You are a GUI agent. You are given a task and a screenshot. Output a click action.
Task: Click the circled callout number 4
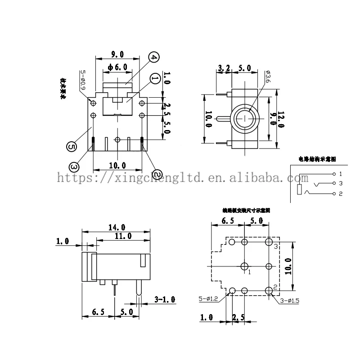[x=153, y=58]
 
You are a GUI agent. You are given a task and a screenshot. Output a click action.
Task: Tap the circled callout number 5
[x=70, y=146]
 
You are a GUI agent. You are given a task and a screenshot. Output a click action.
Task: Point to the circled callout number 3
[x=74, y=167]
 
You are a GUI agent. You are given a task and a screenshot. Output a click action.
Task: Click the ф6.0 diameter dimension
[x=118, y=67]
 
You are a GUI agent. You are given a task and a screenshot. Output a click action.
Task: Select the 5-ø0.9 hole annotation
[x=82, y=79]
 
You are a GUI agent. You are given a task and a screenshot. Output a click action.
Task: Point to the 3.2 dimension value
[x=224, y=68]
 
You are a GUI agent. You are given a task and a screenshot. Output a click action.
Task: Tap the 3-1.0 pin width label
[x=165, y=299]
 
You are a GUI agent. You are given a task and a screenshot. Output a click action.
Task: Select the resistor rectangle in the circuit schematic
[x=300, y=189]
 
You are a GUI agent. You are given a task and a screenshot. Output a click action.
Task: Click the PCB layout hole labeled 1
[x=245, y=265]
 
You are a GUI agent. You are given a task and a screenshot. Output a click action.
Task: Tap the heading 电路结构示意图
[x=317, y=159]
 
